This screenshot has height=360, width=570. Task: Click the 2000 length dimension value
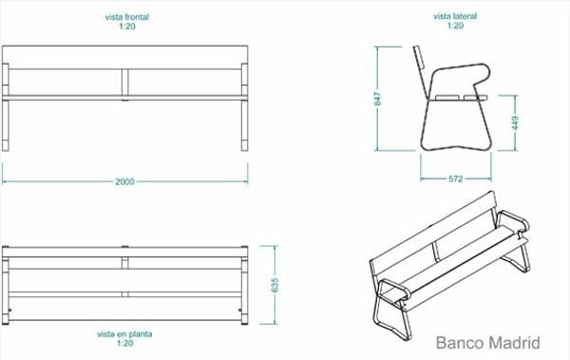(x=124, y=181)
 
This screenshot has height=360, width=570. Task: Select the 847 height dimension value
(x=378, y=99)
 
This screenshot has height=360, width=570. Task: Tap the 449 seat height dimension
(x=515, y=123)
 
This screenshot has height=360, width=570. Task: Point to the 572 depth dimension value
(x=455, y=179)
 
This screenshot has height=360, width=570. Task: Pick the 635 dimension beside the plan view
(x=275, y=285)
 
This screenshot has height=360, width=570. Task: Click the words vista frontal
(x=127, y=17)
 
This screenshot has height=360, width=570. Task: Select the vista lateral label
(x=455, y=16)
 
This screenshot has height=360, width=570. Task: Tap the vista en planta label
(x=124, y=333)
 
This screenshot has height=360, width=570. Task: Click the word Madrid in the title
(x=514, y=343)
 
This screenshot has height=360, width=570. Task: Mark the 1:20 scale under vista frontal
(x=127, y=27)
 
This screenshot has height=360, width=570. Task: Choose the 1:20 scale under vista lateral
(x=455, y=26)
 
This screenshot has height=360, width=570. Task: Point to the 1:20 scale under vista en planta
(x=125, y=343)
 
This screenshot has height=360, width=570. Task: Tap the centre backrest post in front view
(x=124, y=84)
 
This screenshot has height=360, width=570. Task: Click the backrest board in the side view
(x=421, y=72)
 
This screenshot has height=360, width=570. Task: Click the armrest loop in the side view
(x=459, y=66)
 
